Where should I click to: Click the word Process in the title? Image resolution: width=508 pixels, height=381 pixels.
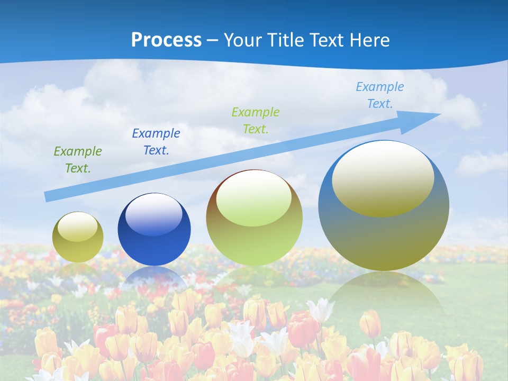166,40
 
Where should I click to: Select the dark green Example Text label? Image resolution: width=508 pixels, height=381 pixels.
77,160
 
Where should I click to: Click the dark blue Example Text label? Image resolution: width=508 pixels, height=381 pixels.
156,142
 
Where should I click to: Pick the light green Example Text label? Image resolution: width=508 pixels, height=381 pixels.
256,121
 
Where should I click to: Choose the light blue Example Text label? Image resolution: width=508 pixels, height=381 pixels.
380,95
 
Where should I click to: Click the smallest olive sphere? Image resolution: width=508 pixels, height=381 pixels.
78,249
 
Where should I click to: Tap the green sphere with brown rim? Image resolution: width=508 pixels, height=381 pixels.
254,243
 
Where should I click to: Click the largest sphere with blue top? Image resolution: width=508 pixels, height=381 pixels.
384,238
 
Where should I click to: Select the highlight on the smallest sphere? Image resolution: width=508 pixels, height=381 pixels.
77,226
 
